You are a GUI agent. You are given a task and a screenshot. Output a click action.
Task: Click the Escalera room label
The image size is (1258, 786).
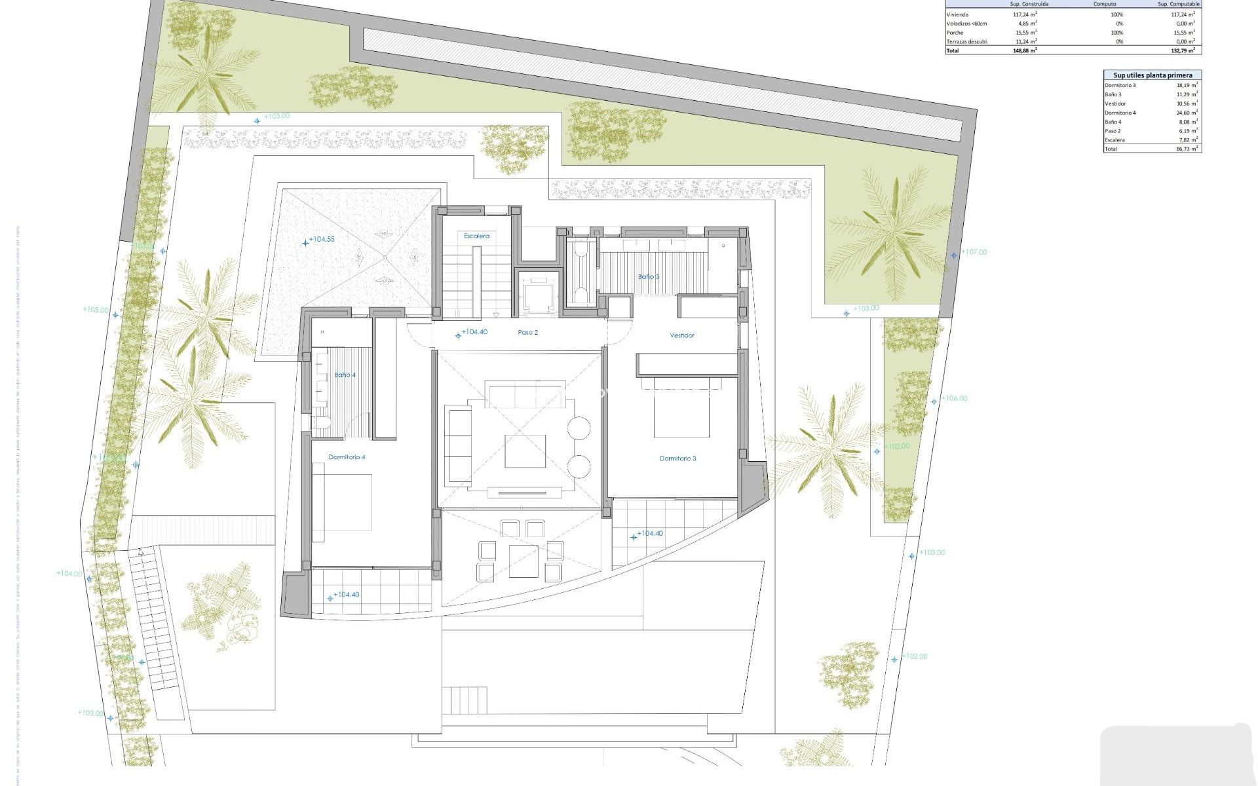tap(476, 236)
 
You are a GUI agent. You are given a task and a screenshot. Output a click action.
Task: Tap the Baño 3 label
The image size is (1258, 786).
tap(648, 277)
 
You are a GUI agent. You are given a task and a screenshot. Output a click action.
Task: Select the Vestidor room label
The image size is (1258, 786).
tap(681, 335)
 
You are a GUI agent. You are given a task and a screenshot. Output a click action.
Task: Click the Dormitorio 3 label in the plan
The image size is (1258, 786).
tap(677, 458)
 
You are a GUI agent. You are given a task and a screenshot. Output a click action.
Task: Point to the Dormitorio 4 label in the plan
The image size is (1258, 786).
tap(347, 457)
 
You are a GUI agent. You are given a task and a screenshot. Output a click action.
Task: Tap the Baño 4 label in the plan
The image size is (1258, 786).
tap(345, 375)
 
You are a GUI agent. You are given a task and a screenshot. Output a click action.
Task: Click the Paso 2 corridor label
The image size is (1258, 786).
tap(527, 333)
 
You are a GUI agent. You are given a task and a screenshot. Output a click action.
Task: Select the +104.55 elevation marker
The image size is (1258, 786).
tap(321, 240)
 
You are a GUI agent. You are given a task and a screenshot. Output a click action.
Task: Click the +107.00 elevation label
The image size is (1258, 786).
tap(973, 252)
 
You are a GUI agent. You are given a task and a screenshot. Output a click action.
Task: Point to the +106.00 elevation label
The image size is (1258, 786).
tap(953, 398)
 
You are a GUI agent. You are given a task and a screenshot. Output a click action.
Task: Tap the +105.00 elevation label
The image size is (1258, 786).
tap(96, 310)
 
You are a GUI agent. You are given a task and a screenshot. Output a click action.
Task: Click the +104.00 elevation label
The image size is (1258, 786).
tap(69, 574)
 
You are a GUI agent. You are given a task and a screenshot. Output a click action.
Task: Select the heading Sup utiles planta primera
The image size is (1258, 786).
tap(1153, 75)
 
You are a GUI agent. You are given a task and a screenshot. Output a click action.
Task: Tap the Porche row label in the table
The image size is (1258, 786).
tap(955, 33)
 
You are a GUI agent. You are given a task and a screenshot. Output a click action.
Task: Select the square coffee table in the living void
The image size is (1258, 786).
tap(525, 451)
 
